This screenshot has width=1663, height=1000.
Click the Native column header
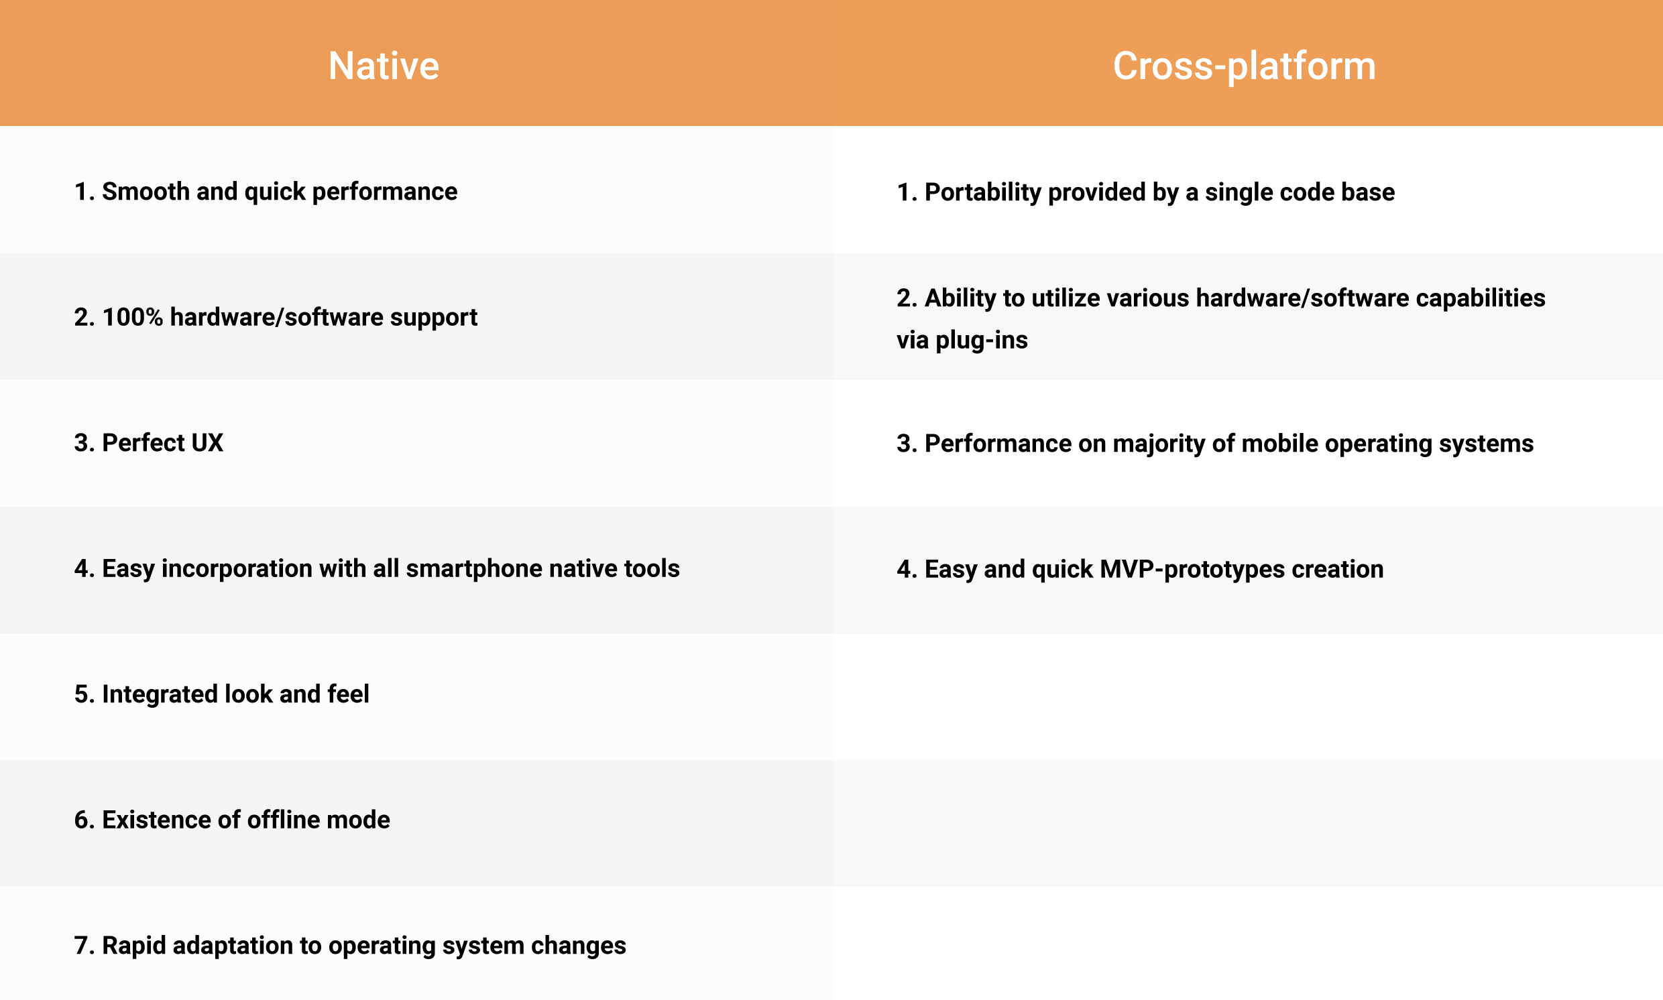pos(384,66)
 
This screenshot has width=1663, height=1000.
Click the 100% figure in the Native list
pos(133,318)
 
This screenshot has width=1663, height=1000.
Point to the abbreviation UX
pos(207,444)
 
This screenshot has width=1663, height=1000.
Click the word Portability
pos(983,193)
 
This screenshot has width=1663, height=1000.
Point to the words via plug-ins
pos(962,340)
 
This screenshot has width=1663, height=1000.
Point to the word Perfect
pos(143,444)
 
